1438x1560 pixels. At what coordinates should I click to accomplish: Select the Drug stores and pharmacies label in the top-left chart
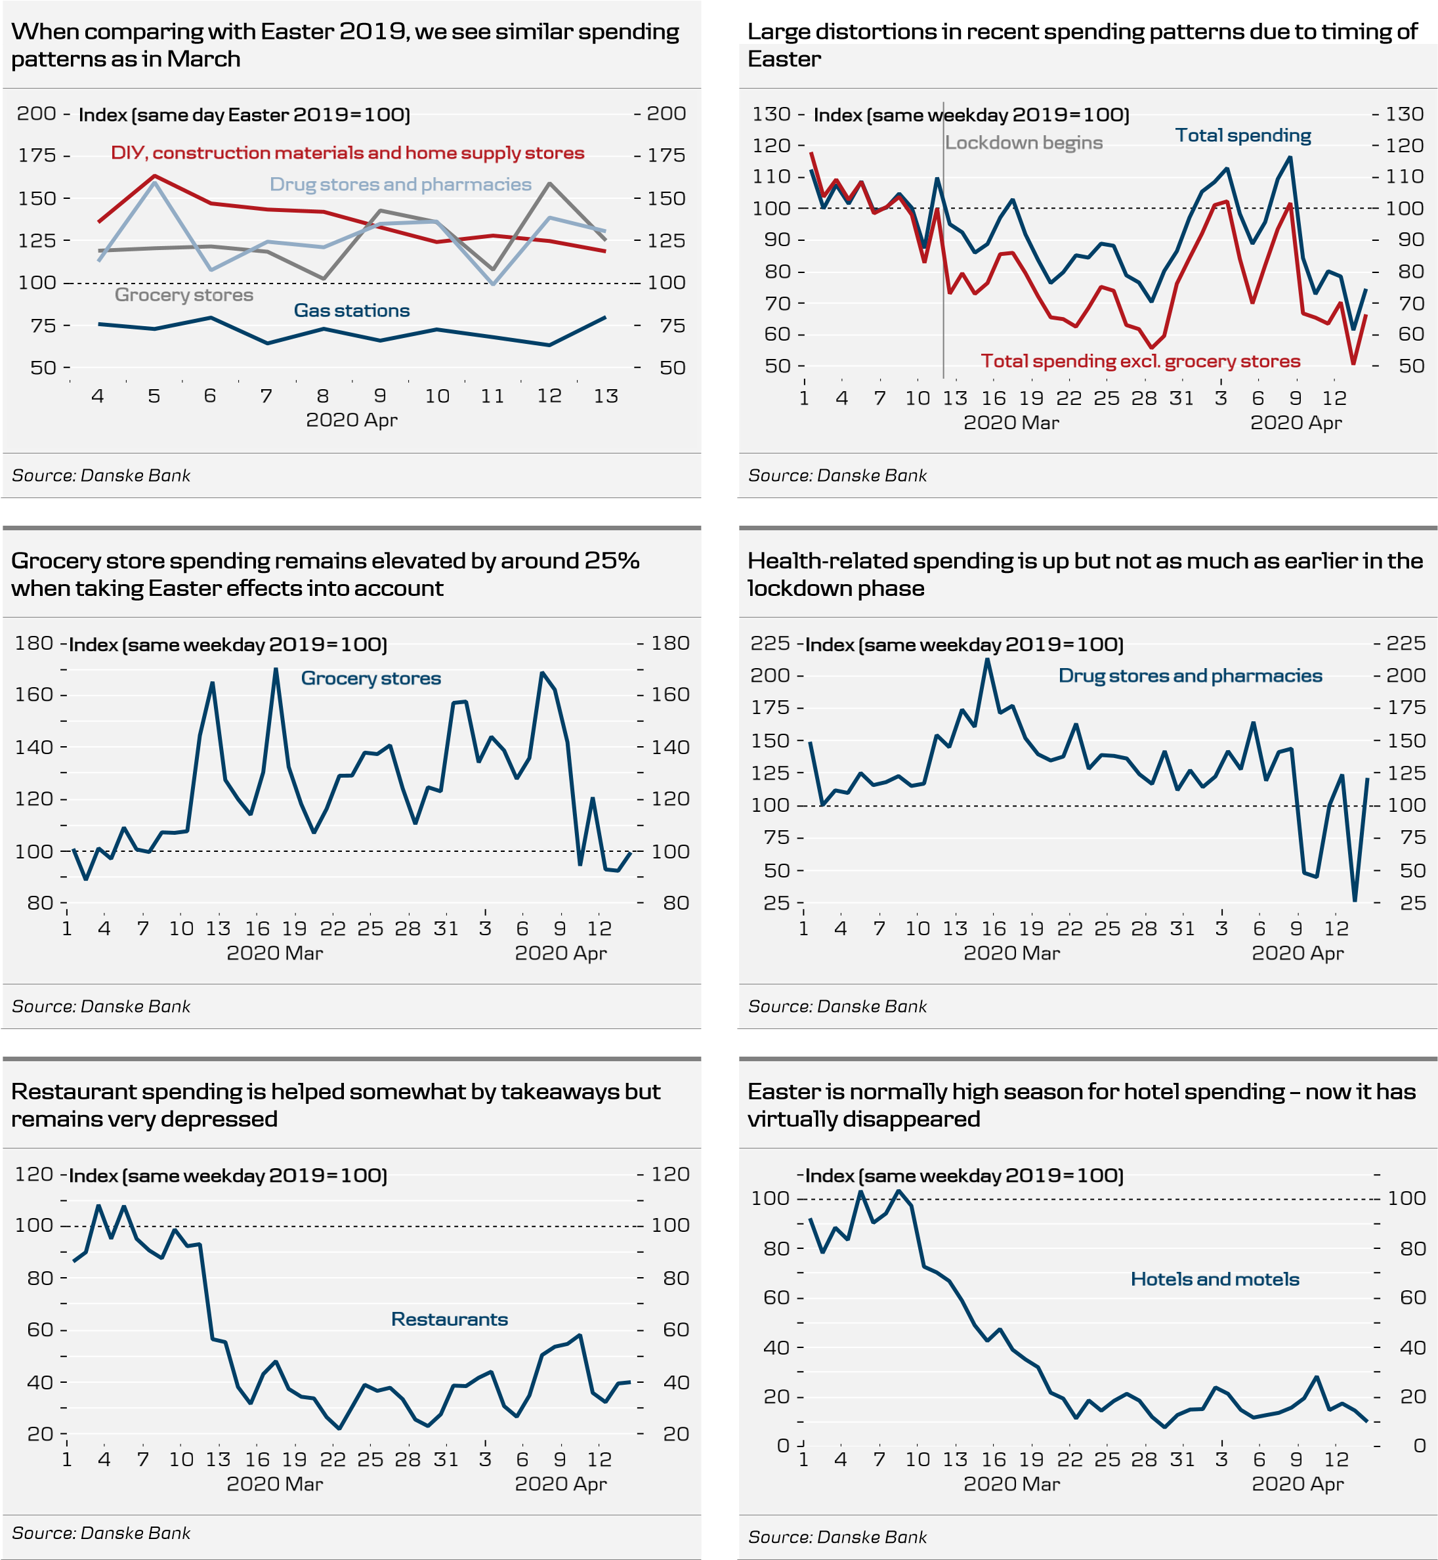[x=400, y=184]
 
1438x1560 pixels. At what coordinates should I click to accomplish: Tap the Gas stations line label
[x=352, y=310]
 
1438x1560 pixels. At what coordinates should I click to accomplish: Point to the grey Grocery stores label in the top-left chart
[x=184, y=295]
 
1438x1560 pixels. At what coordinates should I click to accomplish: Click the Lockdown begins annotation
[x=1023, y=142]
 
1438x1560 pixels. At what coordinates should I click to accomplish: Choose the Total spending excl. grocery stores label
[x=1140, y=361]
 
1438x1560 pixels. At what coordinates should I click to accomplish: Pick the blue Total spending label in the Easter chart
[x=1242, y=135]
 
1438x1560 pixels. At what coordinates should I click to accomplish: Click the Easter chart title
[x=784, y=59]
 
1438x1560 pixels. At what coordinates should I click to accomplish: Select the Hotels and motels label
[x=1215, y=1279]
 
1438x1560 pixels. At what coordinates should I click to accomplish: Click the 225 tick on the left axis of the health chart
[x=770, y=643]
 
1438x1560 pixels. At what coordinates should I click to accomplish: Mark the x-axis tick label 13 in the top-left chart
[x=605, y=396]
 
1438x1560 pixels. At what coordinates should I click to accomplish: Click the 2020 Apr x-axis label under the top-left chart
[x=351, y=420]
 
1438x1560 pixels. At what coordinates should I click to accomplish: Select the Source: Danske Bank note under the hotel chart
[x=837, y=1536]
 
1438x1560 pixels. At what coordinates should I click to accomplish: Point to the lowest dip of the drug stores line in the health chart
[x=1355, y=900]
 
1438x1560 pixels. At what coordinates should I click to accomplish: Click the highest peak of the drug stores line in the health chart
[x=988, y=659]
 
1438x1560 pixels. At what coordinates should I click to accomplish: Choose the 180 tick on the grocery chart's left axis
[x=33, y=643]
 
